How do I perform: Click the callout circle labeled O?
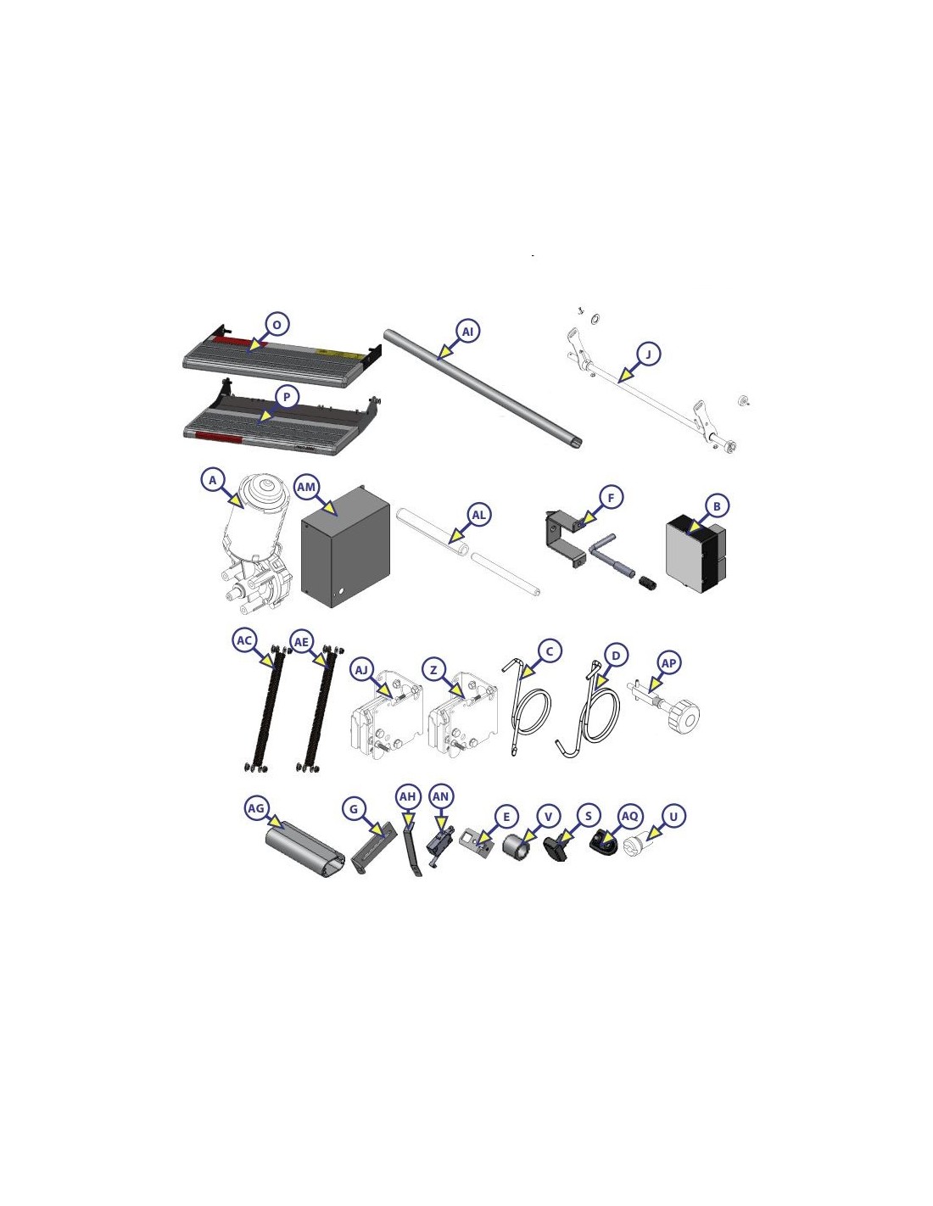coord(277,324)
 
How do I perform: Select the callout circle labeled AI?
coord(468,332)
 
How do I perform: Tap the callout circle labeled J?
coord(648,354)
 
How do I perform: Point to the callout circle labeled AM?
coord(306,487)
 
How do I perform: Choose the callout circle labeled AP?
coord(669,662)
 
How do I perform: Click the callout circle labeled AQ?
coord(630,816)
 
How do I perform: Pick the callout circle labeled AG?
coord(256,808)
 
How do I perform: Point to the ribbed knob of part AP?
coord(685,719)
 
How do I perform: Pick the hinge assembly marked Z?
coord(463,714)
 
